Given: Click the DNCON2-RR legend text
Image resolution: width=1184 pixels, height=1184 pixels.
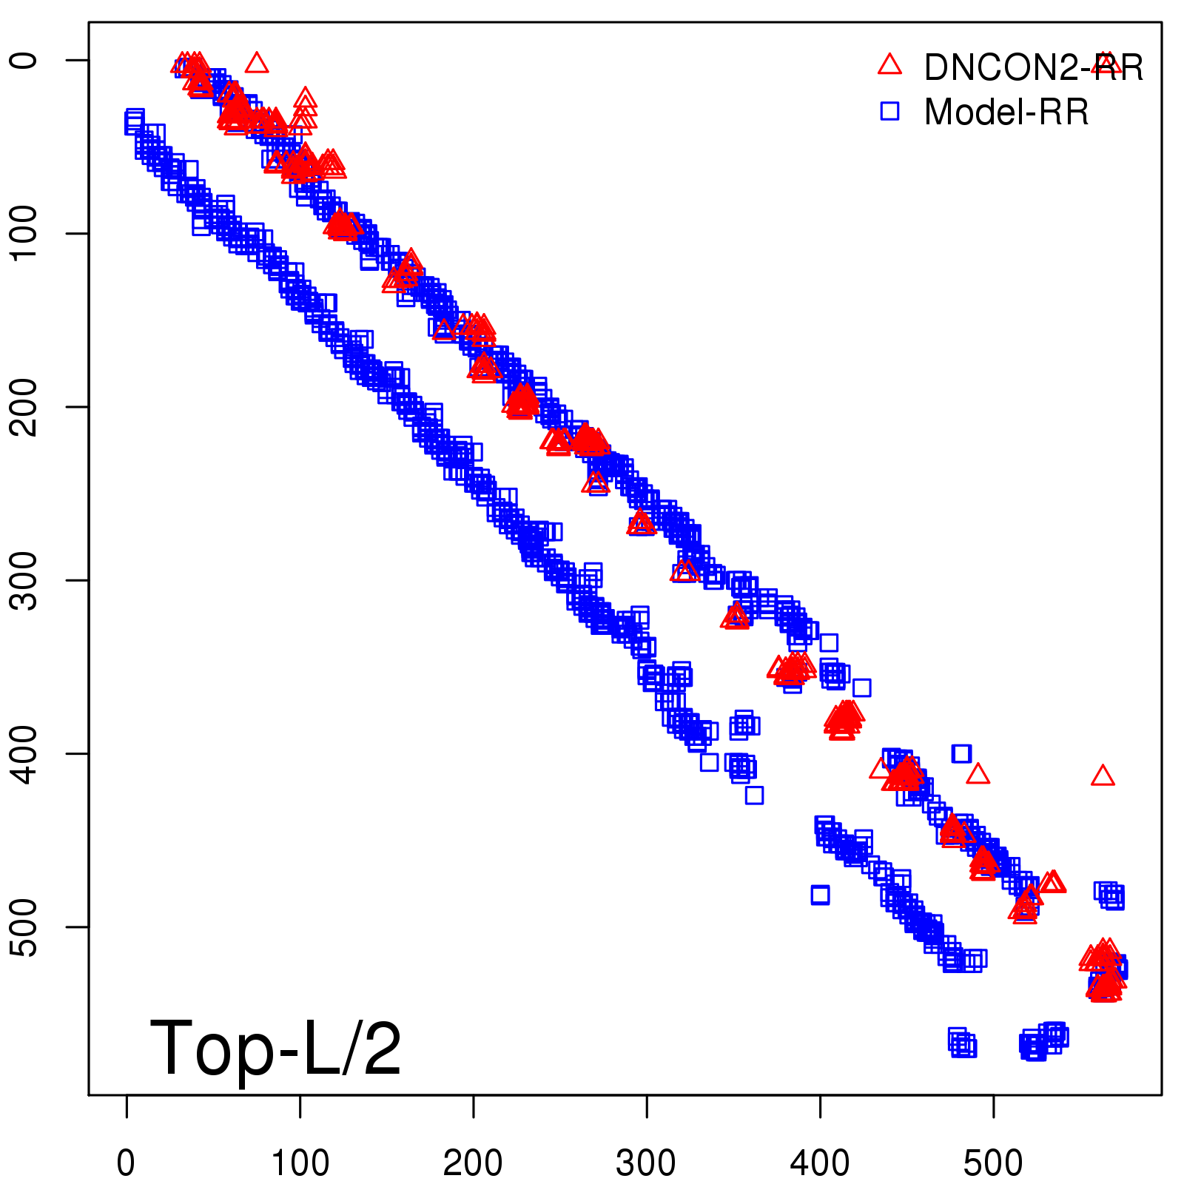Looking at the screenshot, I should tap(1033, 68).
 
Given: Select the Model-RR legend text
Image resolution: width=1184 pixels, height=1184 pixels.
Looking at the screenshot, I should tap(1006, 112).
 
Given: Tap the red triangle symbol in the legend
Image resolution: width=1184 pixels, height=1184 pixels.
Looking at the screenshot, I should tap(889, 65).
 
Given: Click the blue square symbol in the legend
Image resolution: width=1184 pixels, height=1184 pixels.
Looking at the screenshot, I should tap(889, 111).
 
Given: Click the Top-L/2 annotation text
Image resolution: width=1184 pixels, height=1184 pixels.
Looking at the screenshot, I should tap(275, 1049).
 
